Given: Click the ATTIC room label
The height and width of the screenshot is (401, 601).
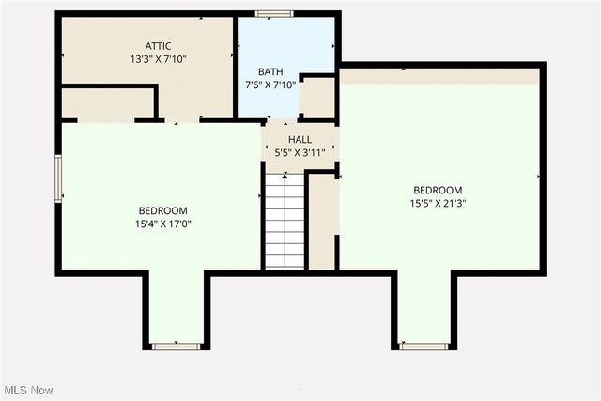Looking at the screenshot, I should [159, 45].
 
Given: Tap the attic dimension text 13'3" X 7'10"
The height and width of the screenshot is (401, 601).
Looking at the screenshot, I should [159, 58].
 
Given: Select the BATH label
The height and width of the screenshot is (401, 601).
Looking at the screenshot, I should [270, 71].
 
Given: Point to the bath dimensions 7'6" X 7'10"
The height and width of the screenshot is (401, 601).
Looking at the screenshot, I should [270, 85].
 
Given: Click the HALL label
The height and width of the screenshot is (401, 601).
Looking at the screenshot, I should [300, 140].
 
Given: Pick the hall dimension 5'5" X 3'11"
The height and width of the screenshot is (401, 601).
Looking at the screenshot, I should [300, 153].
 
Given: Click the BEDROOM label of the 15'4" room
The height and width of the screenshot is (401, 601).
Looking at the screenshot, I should [163, 210].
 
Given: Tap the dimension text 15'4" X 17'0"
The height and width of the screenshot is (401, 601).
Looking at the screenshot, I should [163, 224].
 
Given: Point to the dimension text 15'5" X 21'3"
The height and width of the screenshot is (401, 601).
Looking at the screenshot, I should [438, 203].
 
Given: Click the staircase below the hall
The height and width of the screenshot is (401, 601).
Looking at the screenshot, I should [285, 220].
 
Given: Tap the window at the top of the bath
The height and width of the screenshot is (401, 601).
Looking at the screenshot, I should [274, 14].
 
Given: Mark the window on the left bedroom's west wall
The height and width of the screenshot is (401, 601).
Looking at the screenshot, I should [58, 178].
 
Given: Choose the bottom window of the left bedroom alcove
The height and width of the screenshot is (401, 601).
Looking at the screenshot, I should [177, 347].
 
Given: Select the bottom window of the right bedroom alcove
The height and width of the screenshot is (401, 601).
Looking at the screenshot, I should [423, 347].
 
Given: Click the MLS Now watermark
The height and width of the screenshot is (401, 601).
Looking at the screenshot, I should [29, 390].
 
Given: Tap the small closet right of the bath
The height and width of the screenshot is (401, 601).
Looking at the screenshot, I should [317, 98].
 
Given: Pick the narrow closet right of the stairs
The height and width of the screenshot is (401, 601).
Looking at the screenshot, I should [321, 221].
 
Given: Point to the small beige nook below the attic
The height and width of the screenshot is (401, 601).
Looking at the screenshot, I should [107, 103].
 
